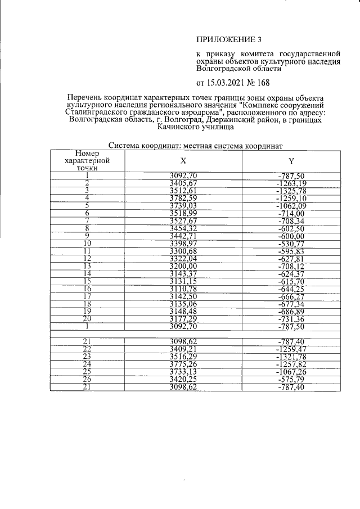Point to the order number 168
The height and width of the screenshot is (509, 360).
262,84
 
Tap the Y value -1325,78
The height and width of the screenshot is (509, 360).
291,191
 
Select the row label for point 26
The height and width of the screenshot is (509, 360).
87,380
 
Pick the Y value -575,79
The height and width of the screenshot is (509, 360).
291,380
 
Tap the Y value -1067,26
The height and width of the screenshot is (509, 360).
291,372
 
